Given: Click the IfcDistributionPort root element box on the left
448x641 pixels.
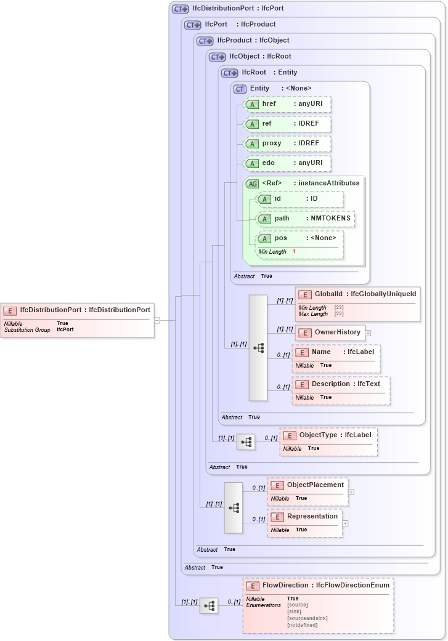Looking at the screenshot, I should [78, 310].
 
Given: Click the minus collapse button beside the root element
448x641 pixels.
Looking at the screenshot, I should [157, 320].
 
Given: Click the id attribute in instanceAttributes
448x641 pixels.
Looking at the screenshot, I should [299, 199].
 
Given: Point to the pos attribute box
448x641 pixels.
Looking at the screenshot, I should [299, 238].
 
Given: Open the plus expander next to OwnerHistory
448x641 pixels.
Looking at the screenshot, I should [368, 333].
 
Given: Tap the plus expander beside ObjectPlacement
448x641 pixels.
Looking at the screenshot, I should [351, 492].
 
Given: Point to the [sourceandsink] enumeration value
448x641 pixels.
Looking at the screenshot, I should [307, 618].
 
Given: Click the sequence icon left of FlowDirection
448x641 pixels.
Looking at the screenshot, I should [209, 606].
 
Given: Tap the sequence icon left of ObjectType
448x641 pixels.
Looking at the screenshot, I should [246, 442].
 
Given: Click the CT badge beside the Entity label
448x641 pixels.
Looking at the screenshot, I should [240, 89].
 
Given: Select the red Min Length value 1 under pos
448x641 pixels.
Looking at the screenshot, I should [294, 252].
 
